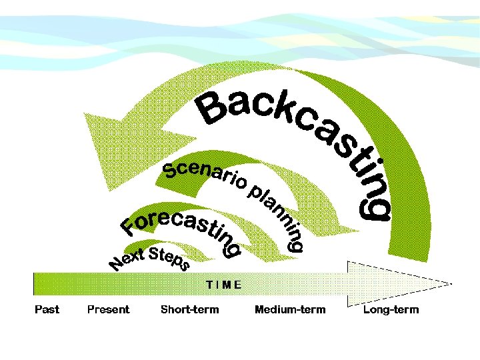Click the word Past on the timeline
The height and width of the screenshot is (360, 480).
pos(47,309)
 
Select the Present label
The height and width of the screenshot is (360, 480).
pos(108,309)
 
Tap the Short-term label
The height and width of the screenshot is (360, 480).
pos(189,309)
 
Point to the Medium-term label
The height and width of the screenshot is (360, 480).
pos(290,309)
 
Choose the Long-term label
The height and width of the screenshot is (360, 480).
pos(391,309)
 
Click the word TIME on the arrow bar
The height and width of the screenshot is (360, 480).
pos(223,284)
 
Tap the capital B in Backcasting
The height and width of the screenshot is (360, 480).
pos(212,110)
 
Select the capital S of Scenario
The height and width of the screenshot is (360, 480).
pos(171,171)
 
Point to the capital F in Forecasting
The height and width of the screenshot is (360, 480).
pos(130,227)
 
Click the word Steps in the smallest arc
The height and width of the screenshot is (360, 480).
pos(169,259)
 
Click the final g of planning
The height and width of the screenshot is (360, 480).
pos(295,243)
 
